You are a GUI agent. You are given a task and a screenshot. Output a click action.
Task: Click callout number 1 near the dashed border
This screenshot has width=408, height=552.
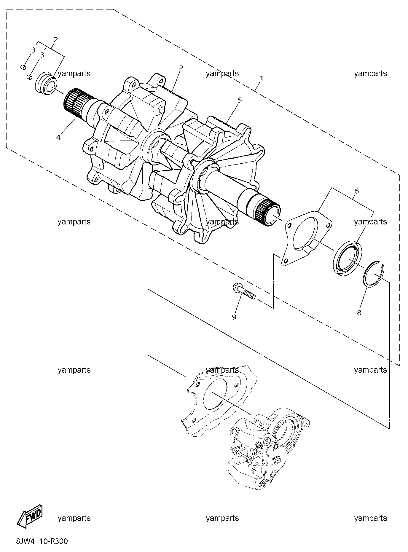click(261, 78)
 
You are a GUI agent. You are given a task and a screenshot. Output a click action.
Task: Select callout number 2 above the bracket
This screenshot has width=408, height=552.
click(55, 39)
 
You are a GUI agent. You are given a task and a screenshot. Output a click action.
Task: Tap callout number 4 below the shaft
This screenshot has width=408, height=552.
click(58, 137)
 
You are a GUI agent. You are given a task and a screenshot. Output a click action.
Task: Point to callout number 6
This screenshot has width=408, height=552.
click(356, 191)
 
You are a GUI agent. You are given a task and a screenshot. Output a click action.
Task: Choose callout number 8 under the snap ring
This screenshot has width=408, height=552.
click(359, 312)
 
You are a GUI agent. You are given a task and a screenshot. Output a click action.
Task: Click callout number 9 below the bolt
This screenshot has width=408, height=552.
click(234, 317)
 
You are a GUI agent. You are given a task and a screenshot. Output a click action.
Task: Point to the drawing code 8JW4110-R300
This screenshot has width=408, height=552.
click(42, 541)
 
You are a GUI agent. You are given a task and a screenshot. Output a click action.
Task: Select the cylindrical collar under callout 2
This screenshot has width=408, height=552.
click(46, 84)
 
